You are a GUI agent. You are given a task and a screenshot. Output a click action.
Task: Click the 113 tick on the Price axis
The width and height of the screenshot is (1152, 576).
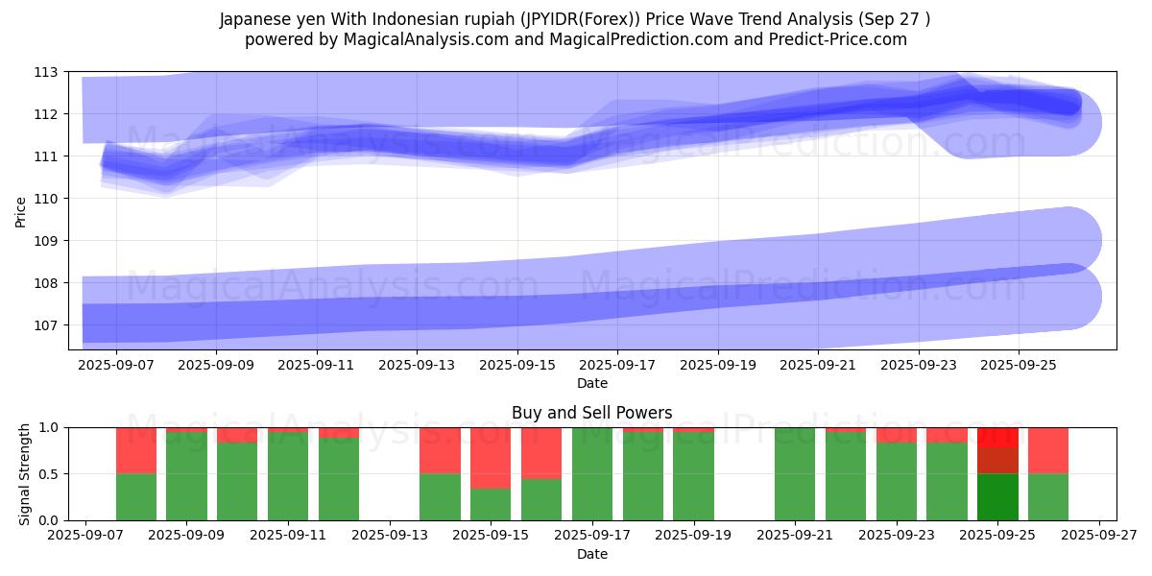[x=46, y=72]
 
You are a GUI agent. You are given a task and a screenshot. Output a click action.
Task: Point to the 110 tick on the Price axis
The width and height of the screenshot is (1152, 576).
[x=46, y=199]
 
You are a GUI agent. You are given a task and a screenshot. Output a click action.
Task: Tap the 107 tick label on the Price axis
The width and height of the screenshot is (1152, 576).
[x=46, y=325]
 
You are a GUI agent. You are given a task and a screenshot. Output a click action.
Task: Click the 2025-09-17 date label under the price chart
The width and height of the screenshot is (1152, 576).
[x=617, y=366]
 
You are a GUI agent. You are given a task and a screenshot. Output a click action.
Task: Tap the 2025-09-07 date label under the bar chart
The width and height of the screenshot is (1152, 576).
[x=86, y=537]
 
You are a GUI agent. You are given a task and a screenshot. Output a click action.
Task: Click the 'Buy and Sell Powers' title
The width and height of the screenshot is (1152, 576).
[x=591, y=413]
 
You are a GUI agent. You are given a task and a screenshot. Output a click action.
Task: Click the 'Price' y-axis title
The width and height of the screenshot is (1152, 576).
[x=20, y=210]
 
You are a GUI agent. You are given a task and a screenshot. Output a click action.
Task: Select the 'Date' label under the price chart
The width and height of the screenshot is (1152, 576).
[x=591, y=383]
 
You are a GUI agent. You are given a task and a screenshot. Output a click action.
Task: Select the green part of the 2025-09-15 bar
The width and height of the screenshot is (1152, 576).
[x=491, y=504]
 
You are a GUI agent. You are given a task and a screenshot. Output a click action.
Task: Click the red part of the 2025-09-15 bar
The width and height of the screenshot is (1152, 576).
[x=491, y=458]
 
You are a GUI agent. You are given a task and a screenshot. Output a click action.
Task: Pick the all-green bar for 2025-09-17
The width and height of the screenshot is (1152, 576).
[x=592, y=473]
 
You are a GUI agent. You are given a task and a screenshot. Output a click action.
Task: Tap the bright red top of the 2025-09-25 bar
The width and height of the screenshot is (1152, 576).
[x=997, y=437]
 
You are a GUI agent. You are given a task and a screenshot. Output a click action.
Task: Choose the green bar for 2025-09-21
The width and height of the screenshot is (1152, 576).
[x=795, y=473]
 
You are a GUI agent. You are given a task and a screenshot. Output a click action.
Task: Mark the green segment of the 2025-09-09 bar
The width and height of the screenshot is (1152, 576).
[x=187, y=476]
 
